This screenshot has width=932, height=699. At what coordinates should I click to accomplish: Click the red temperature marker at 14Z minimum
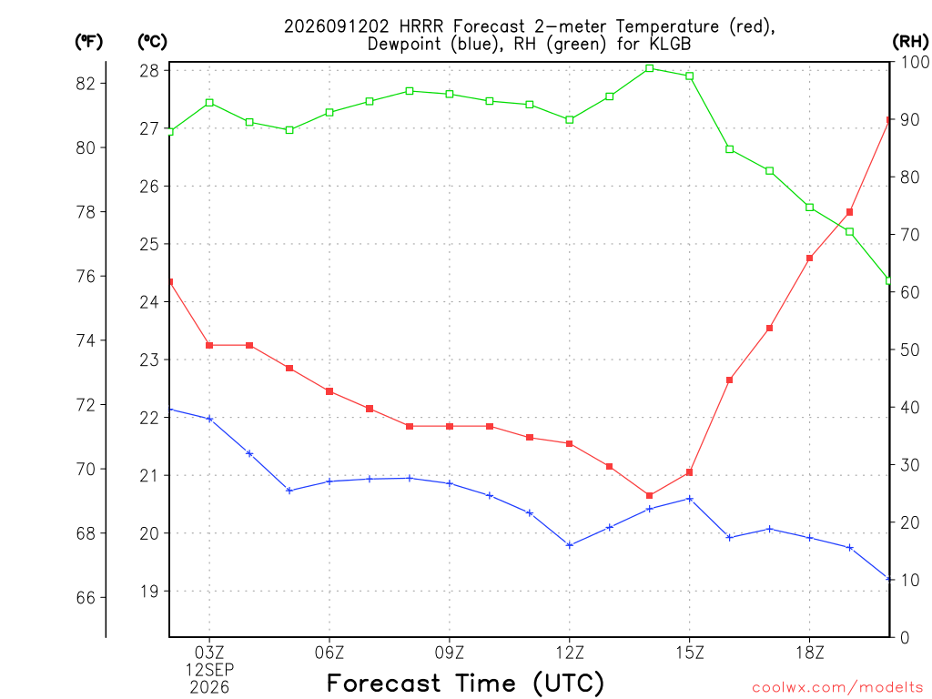(649, 496)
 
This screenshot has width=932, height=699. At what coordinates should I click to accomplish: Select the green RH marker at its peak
(650, 68)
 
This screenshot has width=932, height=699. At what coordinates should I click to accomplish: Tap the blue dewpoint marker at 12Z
(570, 545)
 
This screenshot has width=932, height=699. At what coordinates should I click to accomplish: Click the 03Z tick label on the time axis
(209, 653)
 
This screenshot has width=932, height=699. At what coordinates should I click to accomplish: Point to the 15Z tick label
(690, 653)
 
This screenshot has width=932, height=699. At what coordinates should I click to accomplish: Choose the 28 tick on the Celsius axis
(149, 71)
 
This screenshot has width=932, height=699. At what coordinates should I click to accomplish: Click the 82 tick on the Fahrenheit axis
(86, 83)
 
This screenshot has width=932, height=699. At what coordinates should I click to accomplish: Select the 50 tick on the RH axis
(910, 349)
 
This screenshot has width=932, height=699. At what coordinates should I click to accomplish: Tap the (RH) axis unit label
(910, 41)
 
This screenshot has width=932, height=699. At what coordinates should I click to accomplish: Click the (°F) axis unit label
(88, 42)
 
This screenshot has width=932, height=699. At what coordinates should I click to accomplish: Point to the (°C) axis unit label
(152, 42)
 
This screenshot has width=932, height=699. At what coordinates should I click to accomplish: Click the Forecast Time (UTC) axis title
(465, 684)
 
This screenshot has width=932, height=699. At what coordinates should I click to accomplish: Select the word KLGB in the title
(670, 44)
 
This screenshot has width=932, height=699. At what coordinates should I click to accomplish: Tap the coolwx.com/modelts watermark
(837, 688)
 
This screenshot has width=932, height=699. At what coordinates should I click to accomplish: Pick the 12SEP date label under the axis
(209, 670)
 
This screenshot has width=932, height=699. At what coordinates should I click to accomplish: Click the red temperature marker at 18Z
(809, 258)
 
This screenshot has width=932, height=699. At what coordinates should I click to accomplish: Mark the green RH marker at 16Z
(729, 149)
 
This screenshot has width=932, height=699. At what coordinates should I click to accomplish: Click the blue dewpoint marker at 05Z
(289, 491)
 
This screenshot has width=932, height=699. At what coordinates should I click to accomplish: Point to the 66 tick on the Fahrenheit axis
(86, 597)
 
